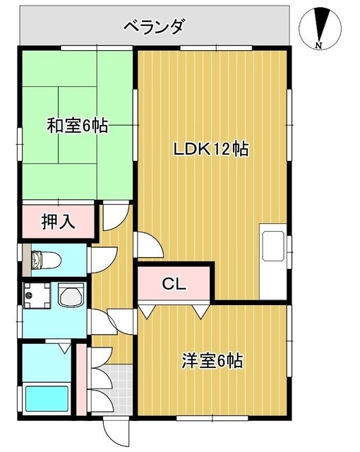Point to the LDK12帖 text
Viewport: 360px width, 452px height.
coord(211,150)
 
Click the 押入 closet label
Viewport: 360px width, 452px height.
coord(58,222)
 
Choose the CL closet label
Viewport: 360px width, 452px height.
coord(174,285)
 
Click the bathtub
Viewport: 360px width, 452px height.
coord(47,399)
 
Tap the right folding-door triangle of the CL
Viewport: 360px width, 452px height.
coord(202,310)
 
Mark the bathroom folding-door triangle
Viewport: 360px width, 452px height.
coord(64,348)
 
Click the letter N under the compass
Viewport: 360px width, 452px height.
coord(319,47)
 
